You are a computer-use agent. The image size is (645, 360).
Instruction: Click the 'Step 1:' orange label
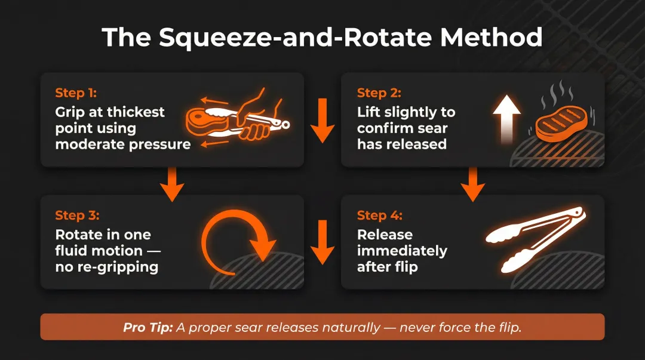coord(76,93)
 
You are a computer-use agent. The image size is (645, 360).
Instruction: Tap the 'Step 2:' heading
coord(379,93)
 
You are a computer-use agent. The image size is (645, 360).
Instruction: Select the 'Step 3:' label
coord(77,216)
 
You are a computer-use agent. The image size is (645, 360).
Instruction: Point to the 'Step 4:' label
coord(379,216)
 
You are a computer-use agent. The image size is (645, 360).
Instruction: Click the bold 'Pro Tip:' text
coord(148,327)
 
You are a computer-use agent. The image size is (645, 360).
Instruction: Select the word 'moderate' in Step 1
coord(84,144)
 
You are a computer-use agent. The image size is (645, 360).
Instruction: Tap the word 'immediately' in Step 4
coord(402,251)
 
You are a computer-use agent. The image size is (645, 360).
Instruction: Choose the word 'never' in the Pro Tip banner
coord(417,327)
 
